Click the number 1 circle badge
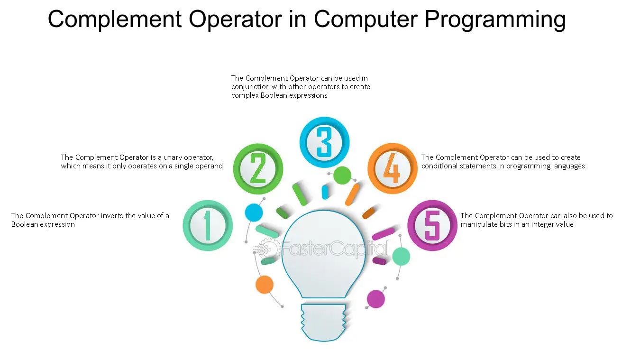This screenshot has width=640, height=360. pos(208,225)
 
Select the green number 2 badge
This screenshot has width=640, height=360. pos(258,169)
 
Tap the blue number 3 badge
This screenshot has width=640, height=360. pos(324,142)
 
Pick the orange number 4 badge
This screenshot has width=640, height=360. pos(392,168)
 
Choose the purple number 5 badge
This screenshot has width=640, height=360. pos(432,225)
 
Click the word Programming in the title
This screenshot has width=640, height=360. pos(495,19)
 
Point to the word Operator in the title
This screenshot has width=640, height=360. pos(236,19)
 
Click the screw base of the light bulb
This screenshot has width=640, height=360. pos(324,322)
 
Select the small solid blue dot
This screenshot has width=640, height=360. pos(254,212)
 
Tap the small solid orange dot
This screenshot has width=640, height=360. pos(264,285)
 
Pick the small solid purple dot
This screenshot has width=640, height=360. pos(376,299)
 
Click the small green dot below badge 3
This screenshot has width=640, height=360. pos(342,175)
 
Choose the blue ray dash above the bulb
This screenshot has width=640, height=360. pos(325,192)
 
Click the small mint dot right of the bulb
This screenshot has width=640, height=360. pos(401,257)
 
